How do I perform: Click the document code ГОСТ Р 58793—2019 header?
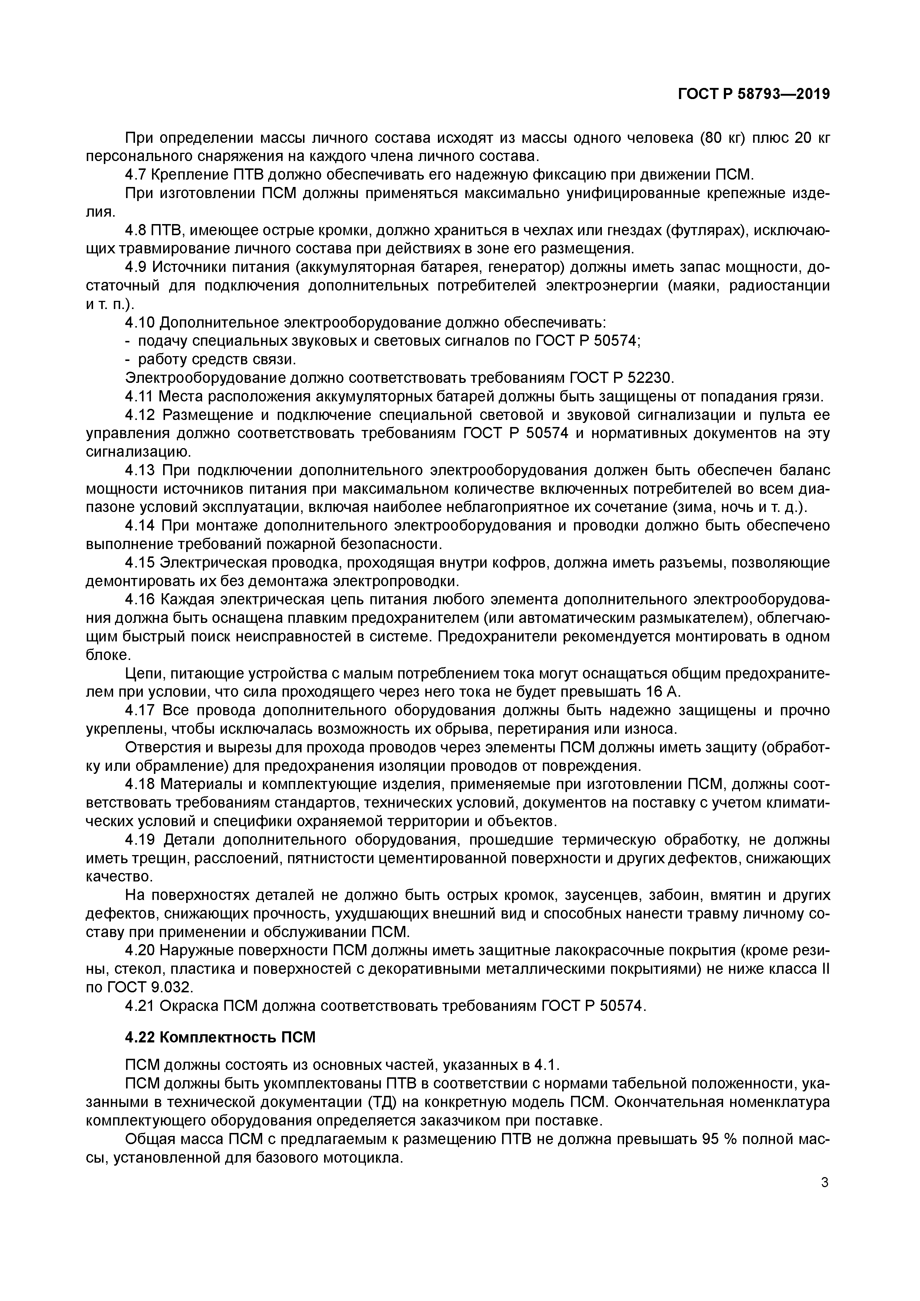[754, 95]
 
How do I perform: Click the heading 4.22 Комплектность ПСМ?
[220, 1038]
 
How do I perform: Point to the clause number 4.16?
[141, 599]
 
